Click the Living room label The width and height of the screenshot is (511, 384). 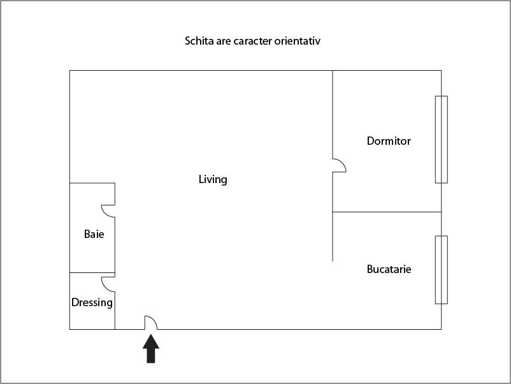pyautogui.click(x=213, y=179)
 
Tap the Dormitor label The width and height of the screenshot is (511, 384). pyautogui.click(x=389, y=141)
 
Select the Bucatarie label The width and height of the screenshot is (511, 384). pyautogui.click(x=389, y=269)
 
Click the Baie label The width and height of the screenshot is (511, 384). pyautogui.click(x=94, y=234)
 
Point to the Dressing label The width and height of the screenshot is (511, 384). pyautogui.click(x=92, y=302)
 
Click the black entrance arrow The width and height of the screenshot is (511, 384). pyautogui.click(x=150, y=349)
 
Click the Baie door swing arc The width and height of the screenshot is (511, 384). pyautogui.click(x=107, y=210)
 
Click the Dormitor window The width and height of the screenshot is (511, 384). pyautogui.click(x=441, y=139)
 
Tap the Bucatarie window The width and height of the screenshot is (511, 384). pyautogui.click(x=441, y=269)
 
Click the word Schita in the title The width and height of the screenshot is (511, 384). pyautogui.click(x=198, y=41)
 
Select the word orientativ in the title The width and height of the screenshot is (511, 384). pyautogui.click(x=297, y=41)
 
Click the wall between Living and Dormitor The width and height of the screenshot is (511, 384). pyautogui.click(x=333, y=115)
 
